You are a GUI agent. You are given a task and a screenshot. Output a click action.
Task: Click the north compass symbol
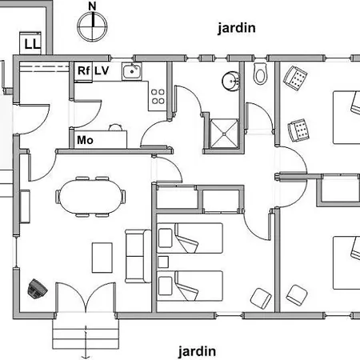click(92, 26)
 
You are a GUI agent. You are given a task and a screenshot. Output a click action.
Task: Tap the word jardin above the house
click(237, 28)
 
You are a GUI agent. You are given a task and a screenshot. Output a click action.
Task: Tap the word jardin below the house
click(197, 351)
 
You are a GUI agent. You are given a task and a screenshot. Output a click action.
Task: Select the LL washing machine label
click(33, 44)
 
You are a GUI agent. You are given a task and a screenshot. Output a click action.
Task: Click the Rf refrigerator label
click(84, 70)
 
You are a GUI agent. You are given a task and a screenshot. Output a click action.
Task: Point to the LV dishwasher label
click(102, 70)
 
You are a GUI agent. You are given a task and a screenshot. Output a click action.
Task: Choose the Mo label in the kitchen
click(85, 140)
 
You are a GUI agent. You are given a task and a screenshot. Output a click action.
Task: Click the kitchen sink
click(132, 71)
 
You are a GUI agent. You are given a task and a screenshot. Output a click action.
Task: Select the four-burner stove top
click(158, 97)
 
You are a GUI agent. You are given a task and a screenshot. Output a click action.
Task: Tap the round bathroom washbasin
click(231, 81)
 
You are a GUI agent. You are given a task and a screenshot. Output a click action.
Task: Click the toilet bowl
click(260, 74)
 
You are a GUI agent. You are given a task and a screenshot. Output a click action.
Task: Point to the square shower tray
click(224, 134)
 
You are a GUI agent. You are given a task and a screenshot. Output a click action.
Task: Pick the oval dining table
click(90, 197)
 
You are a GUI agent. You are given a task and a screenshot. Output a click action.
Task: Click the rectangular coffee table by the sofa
click(102, 258)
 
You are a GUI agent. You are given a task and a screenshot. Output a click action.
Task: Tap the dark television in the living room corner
click(38, 288)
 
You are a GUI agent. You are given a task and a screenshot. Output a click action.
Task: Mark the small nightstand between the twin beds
click(163, 262)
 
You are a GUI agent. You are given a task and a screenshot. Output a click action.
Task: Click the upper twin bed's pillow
click(165, 238)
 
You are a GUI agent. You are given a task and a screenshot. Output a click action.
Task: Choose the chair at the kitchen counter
click(116, 127)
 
